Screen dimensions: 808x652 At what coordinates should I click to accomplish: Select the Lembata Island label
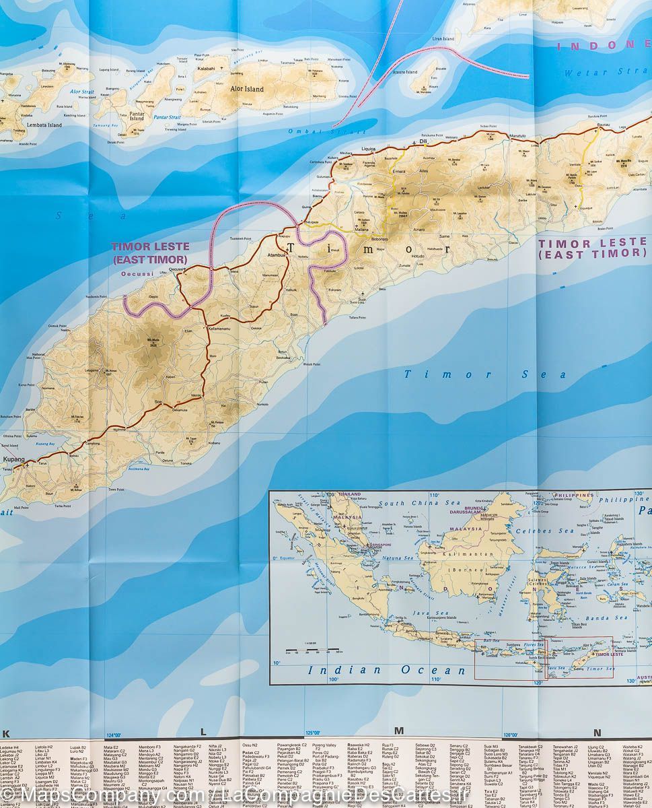click(44, 125)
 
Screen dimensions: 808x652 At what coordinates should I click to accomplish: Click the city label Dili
click(423, 142)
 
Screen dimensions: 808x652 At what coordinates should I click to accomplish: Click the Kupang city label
click(13, 459)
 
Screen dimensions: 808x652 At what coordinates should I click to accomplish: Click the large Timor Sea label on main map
click(485, 375)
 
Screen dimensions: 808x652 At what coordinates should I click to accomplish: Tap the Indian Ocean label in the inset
click(386, 670)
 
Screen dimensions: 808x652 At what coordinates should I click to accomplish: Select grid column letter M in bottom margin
click(398, 731)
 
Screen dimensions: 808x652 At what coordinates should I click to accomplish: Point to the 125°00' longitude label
click(312, 733)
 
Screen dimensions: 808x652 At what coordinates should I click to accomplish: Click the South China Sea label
click(410, 503)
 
